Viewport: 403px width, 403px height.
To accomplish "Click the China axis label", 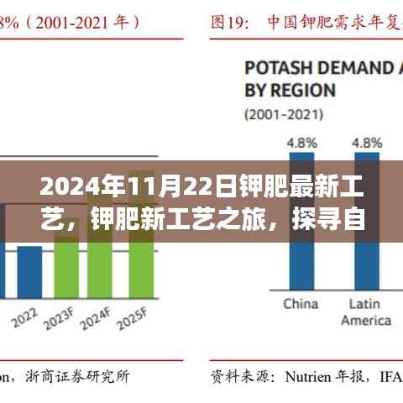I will pos(300,303).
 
